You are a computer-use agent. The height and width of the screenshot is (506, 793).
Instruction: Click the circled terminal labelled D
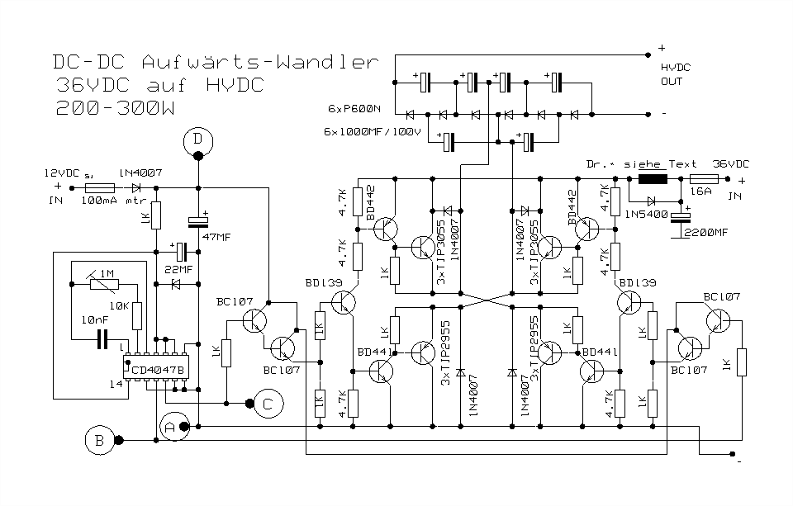click(x=197, y=141)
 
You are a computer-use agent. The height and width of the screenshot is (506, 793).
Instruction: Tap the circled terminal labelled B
click(x=99, y=441)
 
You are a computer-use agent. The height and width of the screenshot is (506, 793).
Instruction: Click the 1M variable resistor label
click(x=107, y=274)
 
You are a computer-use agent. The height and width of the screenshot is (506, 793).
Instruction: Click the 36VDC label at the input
click(x=731, y=163)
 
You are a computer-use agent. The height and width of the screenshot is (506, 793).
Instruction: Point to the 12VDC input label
click(x=61, y=174)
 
